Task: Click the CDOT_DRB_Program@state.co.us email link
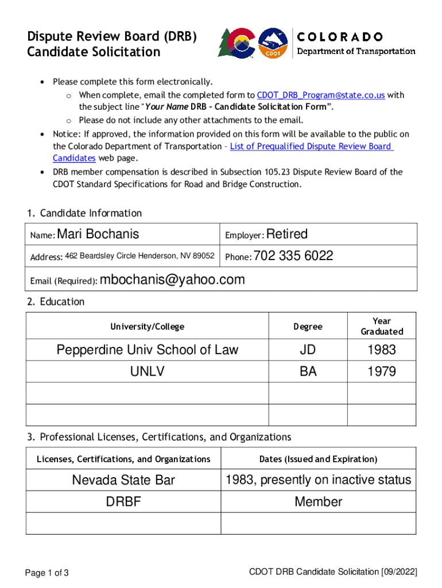pos(321,95)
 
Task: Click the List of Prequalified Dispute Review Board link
pos(311,146)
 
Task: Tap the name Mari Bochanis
pos(98,234)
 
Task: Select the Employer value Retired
pos(287,234)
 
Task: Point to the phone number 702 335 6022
pos(293,256)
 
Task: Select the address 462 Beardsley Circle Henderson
pos(139,256)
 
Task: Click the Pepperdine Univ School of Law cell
pos(147,350)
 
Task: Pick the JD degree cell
pos(308,350)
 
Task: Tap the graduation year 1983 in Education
pos(382,350)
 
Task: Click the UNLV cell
pos(147,372)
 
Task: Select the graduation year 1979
pos(382,372)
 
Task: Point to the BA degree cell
pos(308,372)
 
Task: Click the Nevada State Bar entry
pos(123,480)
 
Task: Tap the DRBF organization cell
pos(123,502)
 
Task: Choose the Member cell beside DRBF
pos(318,502)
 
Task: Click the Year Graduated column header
pos(382,326)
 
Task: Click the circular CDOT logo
pos(273,43)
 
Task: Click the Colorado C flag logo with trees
pos(236,42)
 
